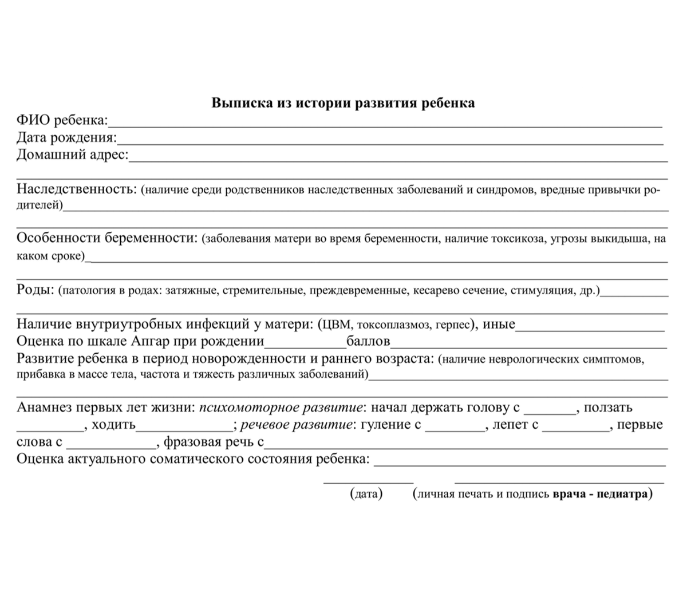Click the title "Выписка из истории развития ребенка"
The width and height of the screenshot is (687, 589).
tap(343, 103)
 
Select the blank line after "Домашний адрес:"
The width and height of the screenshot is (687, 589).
tap(398, 157)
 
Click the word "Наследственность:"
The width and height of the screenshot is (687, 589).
tap(76, 189)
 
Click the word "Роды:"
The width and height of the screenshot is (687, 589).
tap(35, 290)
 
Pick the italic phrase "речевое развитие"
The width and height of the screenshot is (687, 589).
tap(295, 425)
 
